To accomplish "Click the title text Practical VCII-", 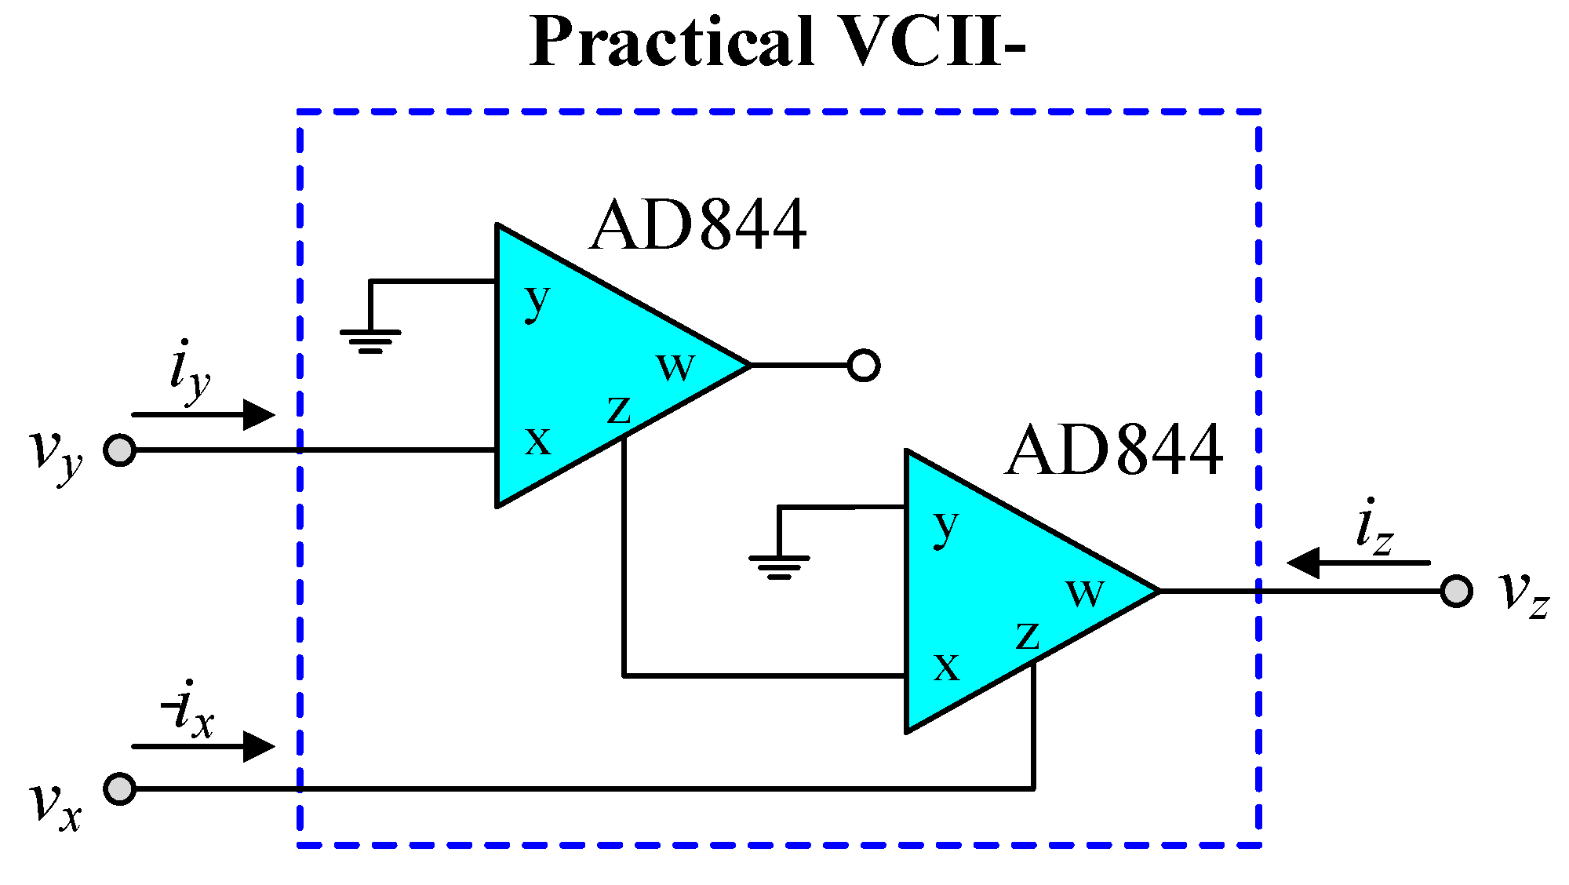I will pyautogui.click(x=777, y=42).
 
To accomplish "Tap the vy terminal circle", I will pyautogui.click(x=120, y=450).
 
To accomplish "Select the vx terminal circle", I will pyautogui.click(x=120, y=788).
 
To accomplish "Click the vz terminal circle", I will pyautogui.click(x=1456, y=591).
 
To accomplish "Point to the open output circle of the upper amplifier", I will pyautogui.click(x=864, y=366).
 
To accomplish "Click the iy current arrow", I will pyautogui.click(x=203, y=414).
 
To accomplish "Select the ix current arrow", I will pyautogui.click(x=203, y=746).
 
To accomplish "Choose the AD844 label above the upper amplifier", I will pyautogui.click(x=697, y=226).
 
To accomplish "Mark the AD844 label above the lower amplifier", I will pyautogui.click(x=1113, y=451).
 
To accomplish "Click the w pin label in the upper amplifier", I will pyautogui.click(x=675, y=366).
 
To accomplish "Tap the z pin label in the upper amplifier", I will pyautogui.click(x=619, y=409).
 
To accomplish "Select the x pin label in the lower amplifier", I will pyautogui.click(x=947, y=668).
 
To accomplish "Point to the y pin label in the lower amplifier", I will pyautogui.click(x=947, y=527).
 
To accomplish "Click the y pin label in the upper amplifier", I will pyautogui.click(x=537, y=301).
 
